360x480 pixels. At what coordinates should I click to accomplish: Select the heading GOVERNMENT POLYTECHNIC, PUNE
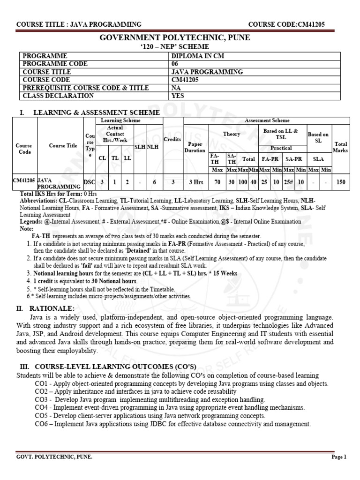(x=180, y=38)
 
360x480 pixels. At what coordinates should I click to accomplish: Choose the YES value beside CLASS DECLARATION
(x=179, y=96)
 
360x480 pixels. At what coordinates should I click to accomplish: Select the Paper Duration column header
(x=195, y=147)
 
